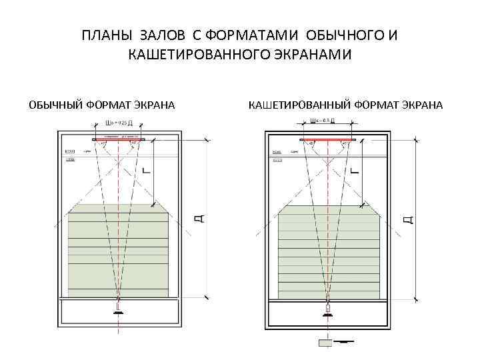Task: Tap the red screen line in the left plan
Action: point(118,140)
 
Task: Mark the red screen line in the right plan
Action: point(327,140)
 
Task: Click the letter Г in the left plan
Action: point(147,170)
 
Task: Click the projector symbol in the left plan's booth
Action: point(118,310)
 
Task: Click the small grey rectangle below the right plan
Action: point(326,343)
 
